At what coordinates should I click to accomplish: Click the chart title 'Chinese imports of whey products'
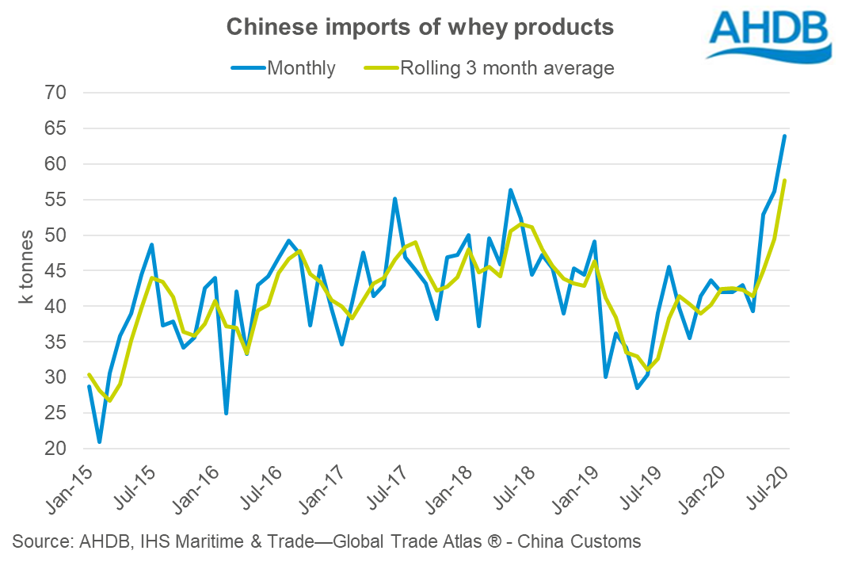(420, 27)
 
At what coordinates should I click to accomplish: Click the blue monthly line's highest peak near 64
(784, 136)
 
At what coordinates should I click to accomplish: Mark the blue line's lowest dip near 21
(100, 442)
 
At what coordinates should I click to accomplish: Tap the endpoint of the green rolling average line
(784, 181)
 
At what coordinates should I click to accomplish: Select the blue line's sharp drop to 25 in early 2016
(227, 413)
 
